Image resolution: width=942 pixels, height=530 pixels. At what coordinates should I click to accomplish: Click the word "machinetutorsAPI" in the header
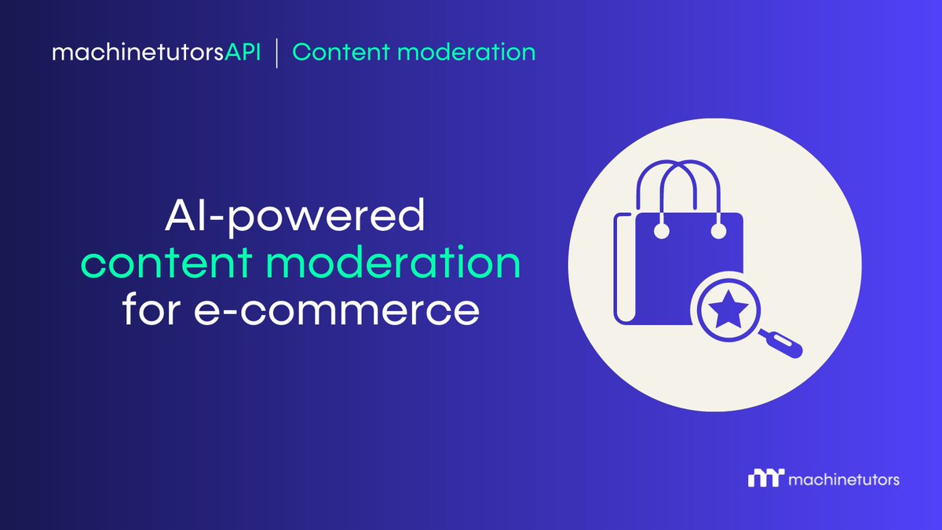(x=155, y=53)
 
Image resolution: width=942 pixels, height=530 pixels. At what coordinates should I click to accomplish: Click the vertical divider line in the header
(x=276, y=53)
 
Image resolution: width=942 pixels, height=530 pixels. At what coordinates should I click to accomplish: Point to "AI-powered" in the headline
(x=294, y=218)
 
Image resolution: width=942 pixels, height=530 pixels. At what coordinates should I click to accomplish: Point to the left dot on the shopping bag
(x=662, y=231)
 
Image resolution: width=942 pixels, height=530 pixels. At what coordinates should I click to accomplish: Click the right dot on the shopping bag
(x=717, y=231)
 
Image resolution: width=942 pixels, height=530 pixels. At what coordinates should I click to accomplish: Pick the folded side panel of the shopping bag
(x=622, y=271)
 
